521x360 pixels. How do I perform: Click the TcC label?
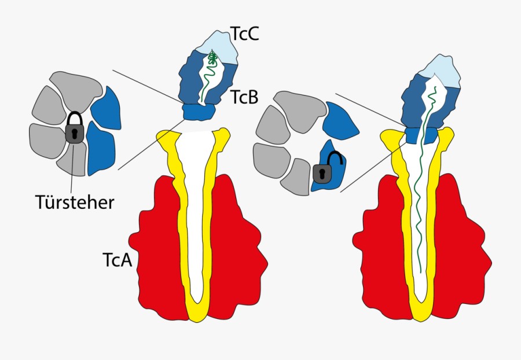pyautogui.click(x=245, y=34)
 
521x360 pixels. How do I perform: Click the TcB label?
pyautogui.click(x=244, y=97)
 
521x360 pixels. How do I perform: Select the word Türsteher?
pyautogui.click(x=74, y=203)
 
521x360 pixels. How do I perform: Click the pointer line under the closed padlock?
pyautogui.click(x=72, y=168)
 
